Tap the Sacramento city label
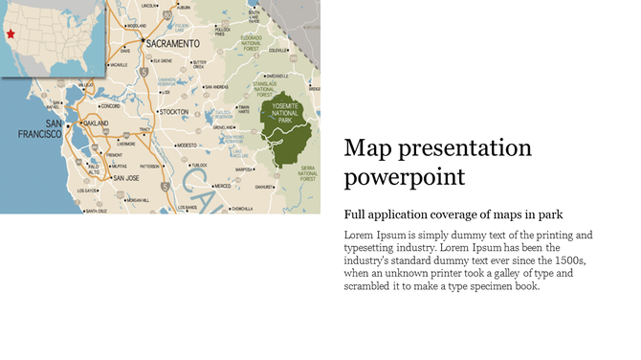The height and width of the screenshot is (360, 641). [x=172, y=43]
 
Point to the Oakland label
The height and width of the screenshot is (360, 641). [x=97, y=124]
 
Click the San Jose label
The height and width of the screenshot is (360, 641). [x=126, y=177]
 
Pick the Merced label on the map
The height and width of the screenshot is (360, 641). [x=223, y=186]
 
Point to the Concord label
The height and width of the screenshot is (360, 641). [x=111, y=106]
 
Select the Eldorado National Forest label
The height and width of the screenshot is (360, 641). [x=257, y=41]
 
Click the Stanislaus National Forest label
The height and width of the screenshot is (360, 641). [x=278, y=88]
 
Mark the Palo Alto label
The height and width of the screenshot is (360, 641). [x=93, y=169]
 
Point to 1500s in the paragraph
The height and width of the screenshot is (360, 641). [x=567, y=259]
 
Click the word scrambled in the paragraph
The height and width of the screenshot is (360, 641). [x=379, y=285]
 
